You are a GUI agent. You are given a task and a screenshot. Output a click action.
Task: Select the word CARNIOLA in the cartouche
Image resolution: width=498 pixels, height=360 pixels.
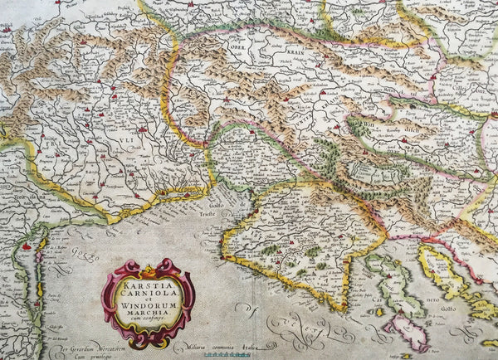pyautogui.click(x=147, y=291)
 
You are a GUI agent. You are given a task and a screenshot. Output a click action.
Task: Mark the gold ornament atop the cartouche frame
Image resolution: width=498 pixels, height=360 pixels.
pyautogui.click(x=148, y=268)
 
